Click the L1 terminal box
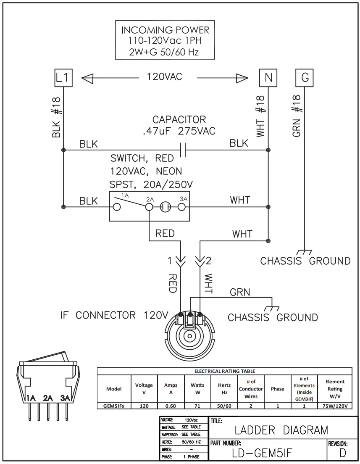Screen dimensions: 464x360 [63, 78]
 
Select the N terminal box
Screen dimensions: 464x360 [268, 78]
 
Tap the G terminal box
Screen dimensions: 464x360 [305, 78]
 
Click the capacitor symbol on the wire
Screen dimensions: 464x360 [183, 150]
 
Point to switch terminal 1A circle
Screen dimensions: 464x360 [116, 207]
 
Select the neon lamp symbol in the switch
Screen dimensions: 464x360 [165, 207]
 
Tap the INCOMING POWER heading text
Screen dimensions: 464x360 [165, 30]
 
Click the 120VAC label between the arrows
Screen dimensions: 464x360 [165, 77]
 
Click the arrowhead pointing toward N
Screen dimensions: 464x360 [242, 78]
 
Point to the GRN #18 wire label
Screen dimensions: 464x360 [297, 116]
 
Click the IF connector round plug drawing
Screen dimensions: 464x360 [190, 335]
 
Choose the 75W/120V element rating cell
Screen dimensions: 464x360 [335, 406]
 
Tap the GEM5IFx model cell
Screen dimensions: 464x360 [114, 406]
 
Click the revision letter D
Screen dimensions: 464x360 [343, 453]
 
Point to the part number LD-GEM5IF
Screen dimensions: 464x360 [262, 453]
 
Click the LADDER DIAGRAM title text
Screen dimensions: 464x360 [281, 430]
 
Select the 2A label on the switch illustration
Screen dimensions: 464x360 [47, 398]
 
